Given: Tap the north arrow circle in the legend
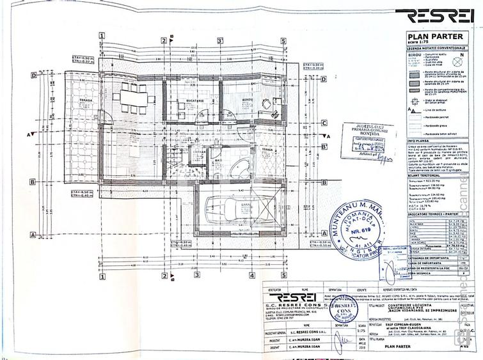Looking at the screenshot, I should pos(457,62).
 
